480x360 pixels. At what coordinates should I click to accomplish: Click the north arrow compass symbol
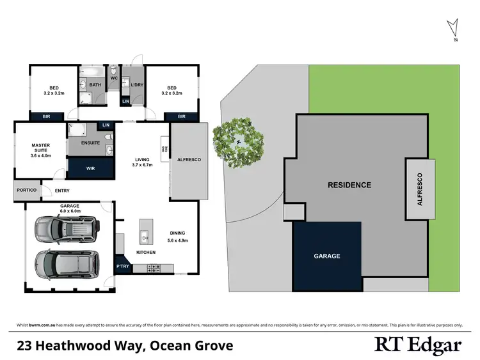(x=454, y=28)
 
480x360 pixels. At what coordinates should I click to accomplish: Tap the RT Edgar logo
(x=417, y=345)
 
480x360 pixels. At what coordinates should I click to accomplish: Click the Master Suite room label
(x=40, y=150)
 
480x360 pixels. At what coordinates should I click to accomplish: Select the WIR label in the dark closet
(x=90, y=169)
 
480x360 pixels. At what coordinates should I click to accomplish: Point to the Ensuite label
(x=90, y=143)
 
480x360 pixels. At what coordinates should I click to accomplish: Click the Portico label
(x=26, y=191)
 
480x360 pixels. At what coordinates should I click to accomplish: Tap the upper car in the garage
(x=66, y=230)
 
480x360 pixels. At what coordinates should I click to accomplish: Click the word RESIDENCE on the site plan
(x=349, y=185)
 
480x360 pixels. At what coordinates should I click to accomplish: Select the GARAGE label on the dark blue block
(x=326, y=256)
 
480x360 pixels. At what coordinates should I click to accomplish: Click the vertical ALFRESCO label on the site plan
(x=420, y=189)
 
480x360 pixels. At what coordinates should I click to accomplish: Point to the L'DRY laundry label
(x=136, y=85)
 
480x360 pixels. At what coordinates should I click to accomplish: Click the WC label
(x=114, y=78)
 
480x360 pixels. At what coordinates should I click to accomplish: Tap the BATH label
(x=95, y=85)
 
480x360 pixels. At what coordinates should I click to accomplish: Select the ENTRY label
(x=63, y=191)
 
